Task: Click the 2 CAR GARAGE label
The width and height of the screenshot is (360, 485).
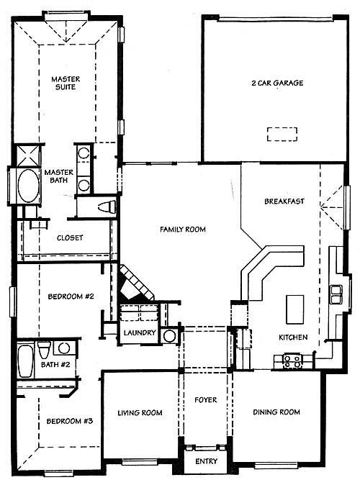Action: pyautogui.click(x=277, y=83)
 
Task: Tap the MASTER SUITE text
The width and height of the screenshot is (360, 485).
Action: pyautogui.click(x=66, y=83)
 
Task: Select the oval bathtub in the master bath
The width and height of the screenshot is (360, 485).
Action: pyautogui.click(x=29, y=186)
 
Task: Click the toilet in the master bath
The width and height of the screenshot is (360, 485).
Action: pyautogui.click(x=107, y=207)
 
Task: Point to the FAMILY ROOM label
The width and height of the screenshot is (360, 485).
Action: pyautogui.click(x=183, y=230)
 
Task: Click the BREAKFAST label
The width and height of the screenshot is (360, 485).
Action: pyautogui.click(x=284, y=201)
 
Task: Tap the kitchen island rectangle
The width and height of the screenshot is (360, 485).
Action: pyautogui.click(x=294, y=309)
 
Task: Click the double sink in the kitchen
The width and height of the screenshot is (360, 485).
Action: pyautogui.click(x=336, y=294)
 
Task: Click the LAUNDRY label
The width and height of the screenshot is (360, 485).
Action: pyautogui.click(x=140, y=333)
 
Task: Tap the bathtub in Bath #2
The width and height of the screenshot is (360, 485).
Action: pyautogui.click(x=25, y=361)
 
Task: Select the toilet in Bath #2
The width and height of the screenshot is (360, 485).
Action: pyautogui.click(x=44, y=349)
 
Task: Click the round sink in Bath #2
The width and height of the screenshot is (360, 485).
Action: pyautogui.click(x=64, y=348)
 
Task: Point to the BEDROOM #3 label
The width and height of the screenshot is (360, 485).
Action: pyautogui.click(x=70, y=421)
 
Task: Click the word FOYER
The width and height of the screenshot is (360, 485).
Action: pyautogui.click(x=205, y=400)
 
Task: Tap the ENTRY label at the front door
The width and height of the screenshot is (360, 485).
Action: pyautogui.click(x=206, y=461)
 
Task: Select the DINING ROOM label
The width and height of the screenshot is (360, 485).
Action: pyautogui.click(x=276, y=412)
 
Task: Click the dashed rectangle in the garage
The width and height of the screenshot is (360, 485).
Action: pyautogui.click(x=282, y=135)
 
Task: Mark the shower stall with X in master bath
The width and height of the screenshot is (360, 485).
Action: pyautogui.click(x=29, y=155)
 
